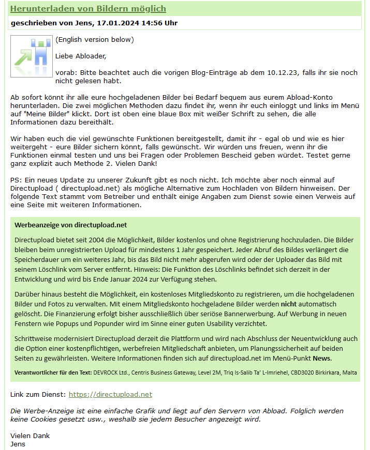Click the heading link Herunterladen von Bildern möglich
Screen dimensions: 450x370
(x=88, y=9)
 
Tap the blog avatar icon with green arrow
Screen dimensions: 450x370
(x=31, y=56)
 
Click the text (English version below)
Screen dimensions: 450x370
(x=95, y=40)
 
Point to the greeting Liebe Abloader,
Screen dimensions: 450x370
(x=81, y=56)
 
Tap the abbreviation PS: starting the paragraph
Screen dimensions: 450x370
(x=16, y=180)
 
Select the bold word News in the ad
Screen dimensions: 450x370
(x=321, y=358)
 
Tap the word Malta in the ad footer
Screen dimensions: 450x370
(x=348, y=372)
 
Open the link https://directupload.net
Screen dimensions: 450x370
(x=110, y=394)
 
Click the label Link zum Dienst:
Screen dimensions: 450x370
(x=38, y=394)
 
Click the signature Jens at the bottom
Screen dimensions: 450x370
(x=18, y=444)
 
